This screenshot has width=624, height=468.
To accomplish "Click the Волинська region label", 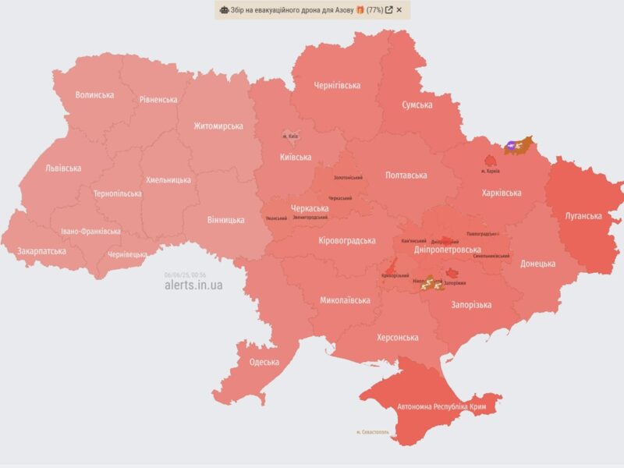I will point(94,95).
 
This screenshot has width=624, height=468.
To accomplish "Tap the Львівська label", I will point(63,168).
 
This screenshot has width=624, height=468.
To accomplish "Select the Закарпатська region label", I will point(41,251).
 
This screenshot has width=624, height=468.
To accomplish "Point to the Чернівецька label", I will point(126,254).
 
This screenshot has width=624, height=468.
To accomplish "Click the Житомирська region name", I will point(218,126).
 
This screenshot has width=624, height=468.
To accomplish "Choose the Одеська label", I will point(264,362).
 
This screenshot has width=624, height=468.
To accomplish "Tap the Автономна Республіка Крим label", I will point(438,406).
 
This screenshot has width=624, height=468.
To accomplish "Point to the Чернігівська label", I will point(336,84).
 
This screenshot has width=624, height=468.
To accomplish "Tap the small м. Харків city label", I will point(491,170).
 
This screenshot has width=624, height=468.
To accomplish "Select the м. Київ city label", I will point(290,136).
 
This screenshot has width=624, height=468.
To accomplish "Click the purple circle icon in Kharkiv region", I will point(510,144).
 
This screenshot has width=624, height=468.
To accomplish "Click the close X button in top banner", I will point(399,10).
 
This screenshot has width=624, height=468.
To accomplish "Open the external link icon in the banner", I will point(388,10).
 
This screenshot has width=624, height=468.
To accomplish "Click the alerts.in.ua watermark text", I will point(193,285).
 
